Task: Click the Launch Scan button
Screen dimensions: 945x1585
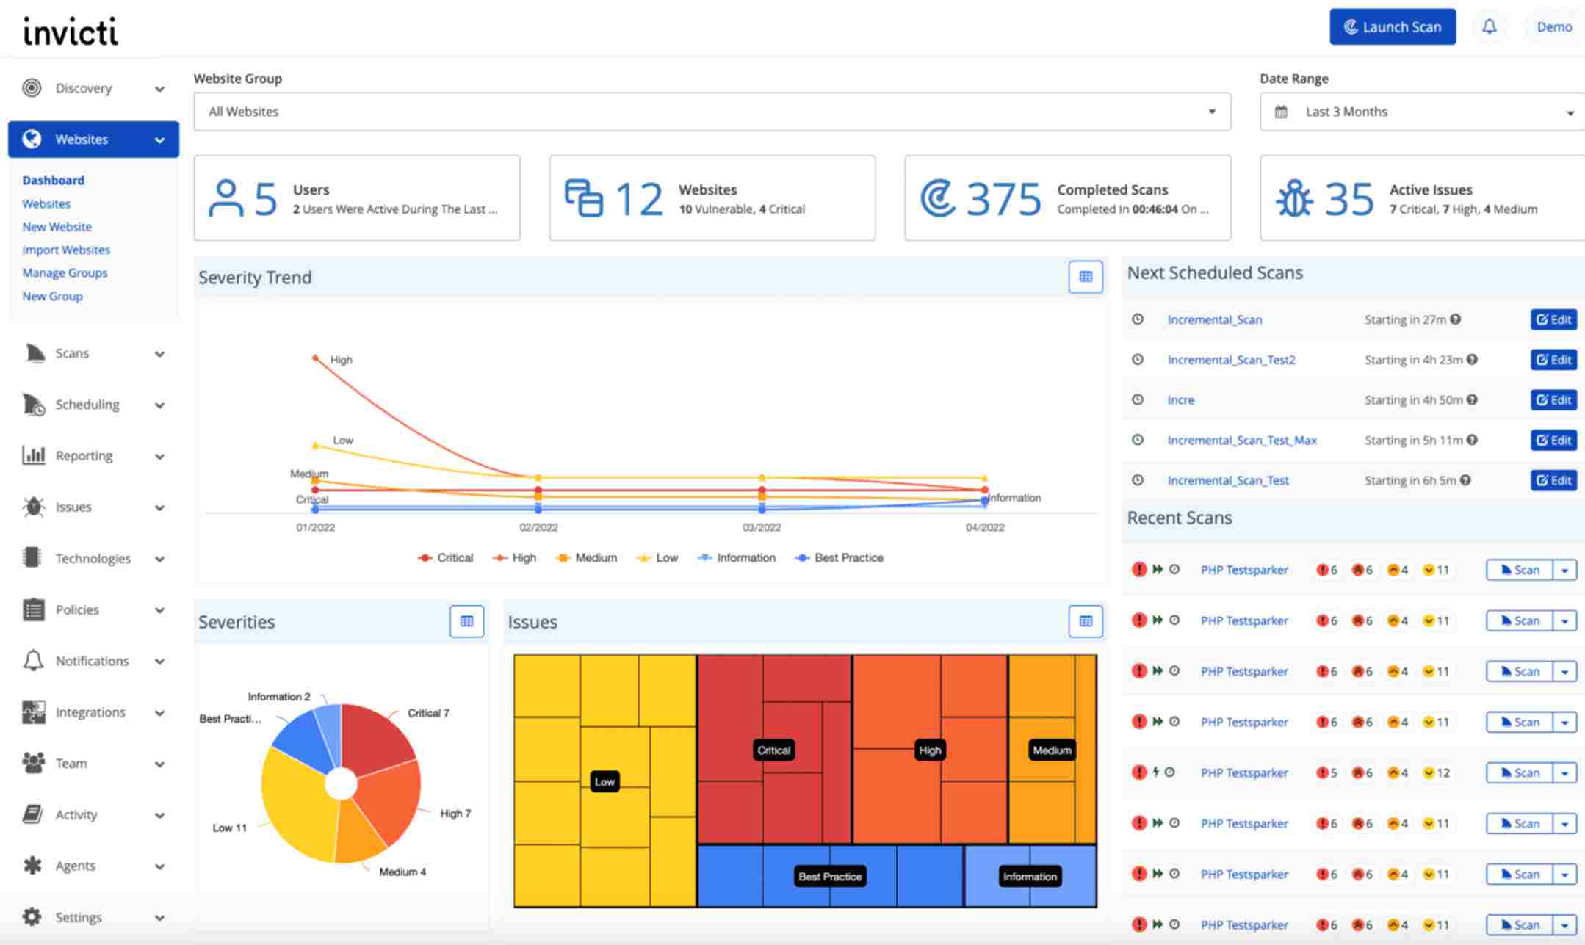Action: click(1392, 27)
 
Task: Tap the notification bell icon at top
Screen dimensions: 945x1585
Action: click(1489, 27)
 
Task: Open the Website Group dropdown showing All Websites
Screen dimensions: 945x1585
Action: click(711, 112)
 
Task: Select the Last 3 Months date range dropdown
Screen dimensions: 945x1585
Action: click(1422, 112)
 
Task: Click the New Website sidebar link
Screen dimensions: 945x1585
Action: click(57, 227)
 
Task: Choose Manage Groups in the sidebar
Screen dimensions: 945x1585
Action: click(65, 272)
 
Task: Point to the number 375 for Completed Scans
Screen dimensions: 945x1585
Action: click(1003, 199)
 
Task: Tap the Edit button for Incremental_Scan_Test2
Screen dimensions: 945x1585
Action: click(1553, 360)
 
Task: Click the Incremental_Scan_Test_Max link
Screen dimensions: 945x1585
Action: click(1241, 440)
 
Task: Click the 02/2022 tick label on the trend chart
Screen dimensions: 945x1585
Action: click(538, 527)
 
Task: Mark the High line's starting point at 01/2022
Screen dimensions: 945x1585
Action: click(315, 358)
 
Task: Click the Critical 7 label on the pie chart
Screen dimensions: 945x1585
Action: click(428, 713)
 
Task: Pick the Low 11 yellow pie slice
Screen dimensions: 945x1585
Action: click(294, 808)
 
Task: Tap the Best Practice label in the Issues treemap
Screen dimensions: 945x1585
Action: click(830, 877)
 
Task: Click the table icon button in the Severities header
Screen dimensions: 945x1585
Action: click(466, 621)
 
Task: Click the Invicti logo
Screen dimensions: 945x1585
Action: click(71, 31)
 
